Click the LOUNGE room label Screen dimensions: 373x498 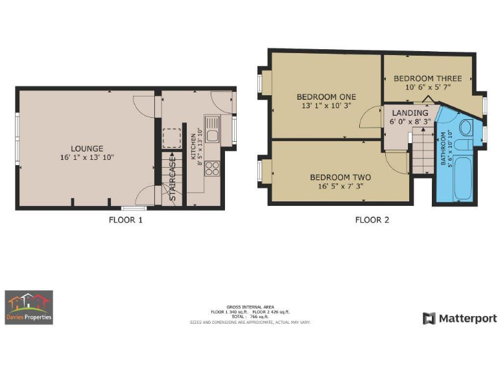pyautogui.click(x=87, y=148)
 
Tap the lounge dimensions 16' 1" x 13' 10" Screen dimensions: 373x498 pyautogui.click(x=87, y=157)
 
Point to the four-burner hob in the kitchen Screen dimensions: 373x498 pyautogui.click(x=212, y=168)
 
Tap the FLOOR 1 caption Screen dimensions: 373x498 pyautogui.click(x=125, y=220)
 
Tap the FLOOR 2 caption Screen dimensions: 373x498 pyautogui.click(x=372, y=220)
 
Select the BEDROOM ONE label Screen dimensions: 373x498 pyautogui.click(x=326, y=96)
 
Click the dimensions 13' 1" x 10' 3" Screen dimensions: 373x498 pyautogui.click(x=326, y=106)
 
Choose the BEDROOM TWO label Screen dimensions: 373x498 pyautogui.click(x=340, y=177)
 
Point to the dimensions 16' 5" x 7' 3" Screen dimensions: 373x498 pyautogui.click(x=340, y=186)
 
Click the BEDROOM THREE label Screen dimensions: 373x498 pyautogui.click(x=427, y=78)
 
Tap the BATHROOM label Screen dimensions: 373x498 pyautogui.click(x=444, y=149)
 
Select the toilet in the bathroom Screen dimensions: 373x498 pyautogui.click(x=465, y=127)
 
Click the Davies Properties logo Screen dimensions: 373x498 pyautogui.click(x=29, y=307)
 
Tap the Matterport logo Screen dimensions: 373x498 pyautogui.click(x=460, y=318)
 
